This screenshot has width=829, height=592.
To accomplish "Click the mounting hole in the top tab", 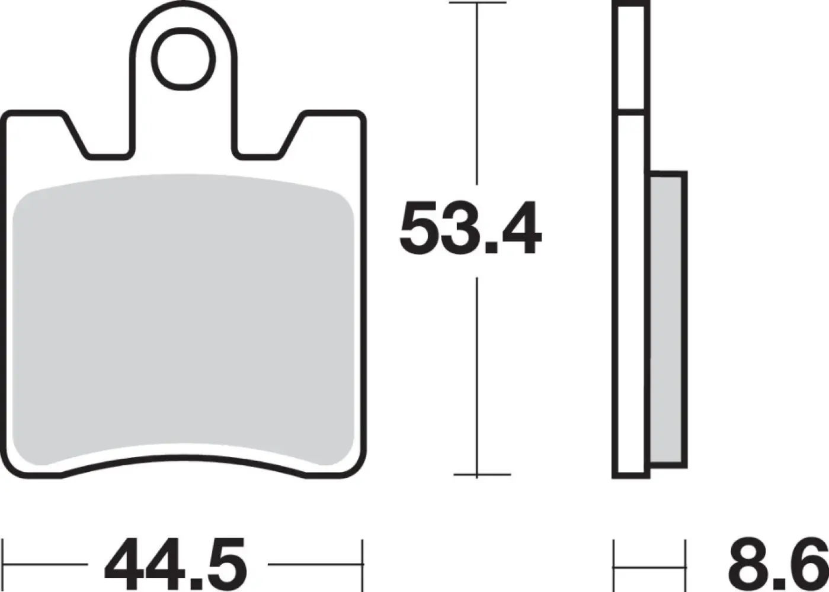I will pyautogui.click(x=183, y=59).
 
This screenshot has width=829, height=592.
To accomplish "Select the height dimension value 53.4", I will pyautogui.click(x=470, y=229).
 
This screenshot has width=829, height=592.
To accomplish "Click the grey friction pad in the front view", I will pyautogui.click(x=183, y=320).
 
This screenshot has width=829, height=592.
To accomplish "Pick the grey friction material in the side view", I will pyautogui.click(x=668, y=320).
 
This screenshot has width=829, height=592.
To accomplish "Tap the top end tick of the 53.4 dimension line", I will pyautogui.click(x=477, y=4).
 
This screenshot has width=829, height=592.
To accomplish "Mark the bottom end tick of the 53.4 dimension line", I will pyautogui.click(x=481, y=474).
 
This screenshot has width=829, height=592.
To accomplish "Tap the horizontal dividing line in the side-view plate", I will pyautogui.click(x=631, y=111).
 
